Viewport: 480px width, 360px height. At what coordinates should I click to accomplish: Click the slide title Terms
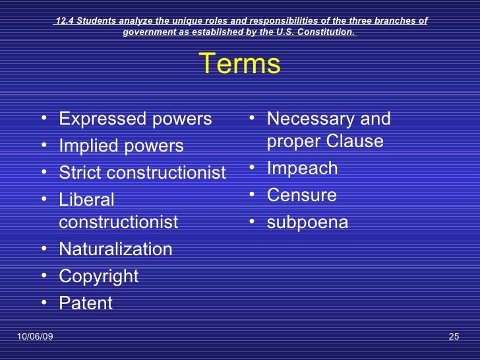239,65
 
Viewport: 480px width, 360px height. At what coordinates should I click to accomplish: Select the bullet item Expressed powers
135,119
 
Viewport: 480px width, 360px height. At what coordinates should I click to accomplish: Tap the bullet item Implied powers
121,146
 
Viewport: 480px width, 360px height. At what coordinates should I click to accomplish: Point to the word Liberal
86,199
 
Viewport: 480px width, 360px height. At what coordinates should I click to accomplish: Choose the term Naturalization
115,249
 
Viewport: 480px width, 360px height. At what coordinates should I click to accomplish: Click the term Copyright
99,276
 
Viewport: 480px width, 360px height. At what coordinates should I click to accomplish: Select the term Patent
86,303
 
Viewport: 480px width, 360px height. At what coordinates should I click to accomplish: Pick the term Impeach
302,168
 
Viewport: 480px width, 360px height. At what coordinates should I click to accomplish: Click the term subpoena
307,223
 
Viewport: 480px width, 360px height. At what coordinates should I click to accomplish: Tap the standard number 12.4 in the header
64,20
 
